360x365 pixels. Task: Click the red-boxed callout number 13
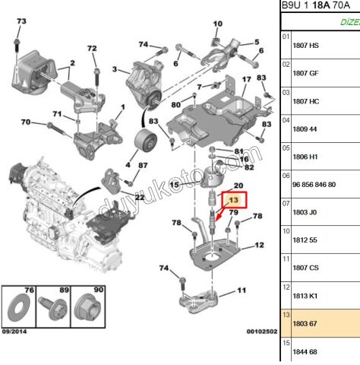coord(232,201)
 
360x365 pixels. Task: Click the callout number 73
coord(21,21)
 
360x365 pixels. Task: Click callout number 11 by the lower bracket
coord(242,290)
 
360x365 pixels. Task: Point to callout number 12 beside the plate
coord(259,245)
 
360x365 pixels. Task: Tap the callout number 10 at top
coord(218,24)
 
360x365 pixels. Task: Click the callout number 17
coord(245,80)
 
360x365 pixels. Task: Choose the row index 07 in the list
coord(286,204)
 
